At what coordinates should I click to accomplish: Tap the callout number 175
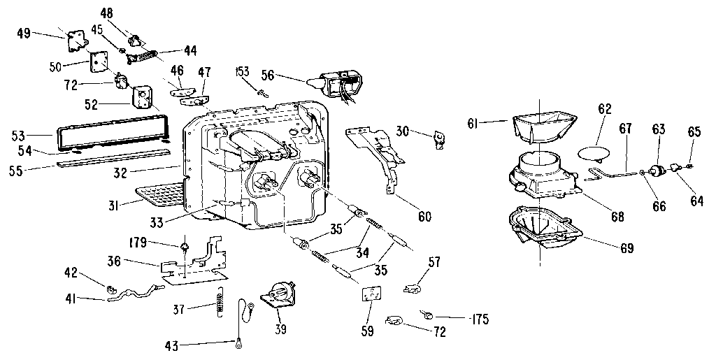(480, 320)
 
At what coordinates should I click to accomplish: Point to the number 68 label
(617, 217)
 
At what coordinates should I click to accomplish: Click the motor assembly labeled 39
(278, 294)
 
